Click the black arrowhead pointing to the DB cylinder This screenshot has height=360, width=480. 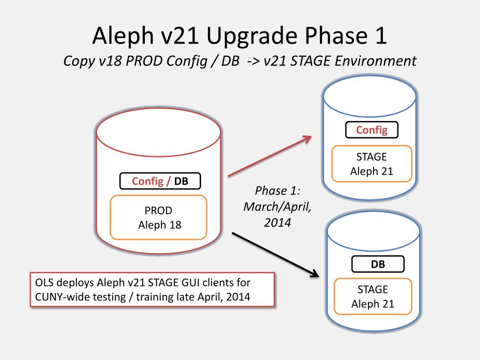tap(315, 275)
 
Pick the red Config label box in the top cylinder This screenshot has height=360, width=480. tap(372, 130)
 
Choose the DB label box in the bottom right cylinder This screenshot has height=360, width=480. tap(378, 264)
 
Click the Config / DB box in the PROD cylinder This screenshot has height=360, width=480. tap(160, 181)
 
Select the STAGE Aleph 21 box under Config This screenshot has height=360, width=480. tap(371, 164)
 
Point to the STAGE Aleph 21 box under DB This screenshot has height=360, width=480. tap(373, 296)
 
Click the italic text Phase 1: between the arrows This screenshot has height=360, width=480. tap(277, 191)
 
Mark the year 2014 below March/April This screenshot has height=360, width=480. tap(277, 222)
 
